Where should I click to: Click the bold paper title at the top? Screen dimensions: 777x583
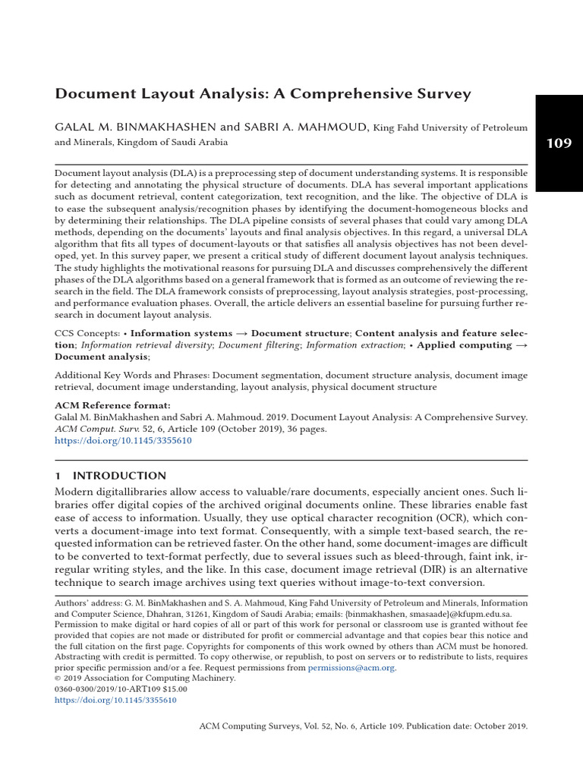pos(263,94)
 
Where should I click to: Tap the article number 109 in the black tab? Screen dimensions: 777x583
pos(558,143)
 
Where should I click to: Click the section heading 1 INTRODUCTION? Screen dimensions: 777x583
pos(110,476)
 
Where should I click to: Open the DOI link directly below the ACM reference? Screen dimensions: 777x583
pos(123,440)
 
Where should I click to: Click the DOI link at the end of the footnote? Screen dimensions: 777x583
pos(116,700)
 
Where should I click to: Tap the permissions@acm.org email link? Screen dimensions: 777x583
pos(351,668)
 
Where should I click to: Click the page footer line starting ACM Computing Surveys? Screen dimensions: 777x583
pos(363,726)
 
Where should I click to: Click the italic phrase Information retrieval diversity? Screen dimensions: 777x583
pos(146,344)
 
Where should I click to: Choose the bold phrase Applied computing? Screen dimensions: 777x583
pos(464,344)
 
